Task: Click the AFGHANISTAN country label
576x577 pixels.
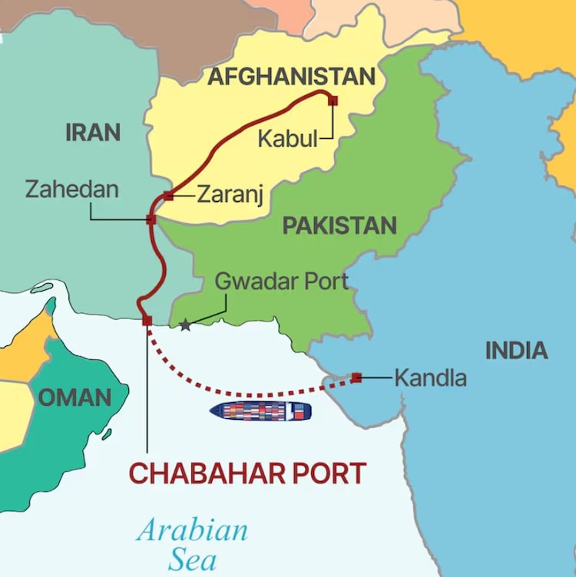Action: [292, 77]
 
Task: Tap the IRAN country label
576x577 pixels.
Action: [93, 132]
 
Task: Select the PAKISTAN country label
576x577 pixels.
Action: [339, 226]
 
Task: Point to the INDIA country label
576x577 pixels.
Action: [516, 351]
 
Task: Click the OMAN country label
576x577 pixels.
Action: [74, 397]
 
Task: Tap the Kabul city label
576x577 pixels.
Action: [287, 139]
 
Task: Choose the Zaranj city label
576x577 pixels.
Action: [230, 195]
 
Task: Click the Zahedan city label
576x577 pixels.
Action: [72, 189]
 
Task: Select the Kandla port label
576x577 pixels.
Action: [430, 378]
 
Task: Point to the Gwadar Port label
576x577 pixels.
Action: [281, 281]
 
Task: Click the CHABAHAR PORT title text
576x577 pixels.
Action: [247, 473]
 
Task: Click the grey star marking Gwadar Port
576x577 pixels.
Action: [185, 325]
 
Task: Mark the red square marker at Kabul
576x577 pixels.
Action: [333, 100]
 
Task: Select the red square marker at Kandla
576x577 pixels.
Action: [356, 378]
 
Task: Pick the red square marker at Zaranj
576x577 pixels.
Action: [168, 196]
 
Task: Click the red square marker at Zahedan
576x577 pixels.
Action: [151, 219]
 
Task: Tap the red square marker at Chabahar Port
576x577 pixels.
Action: [147, 321]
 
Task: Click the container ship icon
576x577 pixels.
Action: [261, 410]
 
